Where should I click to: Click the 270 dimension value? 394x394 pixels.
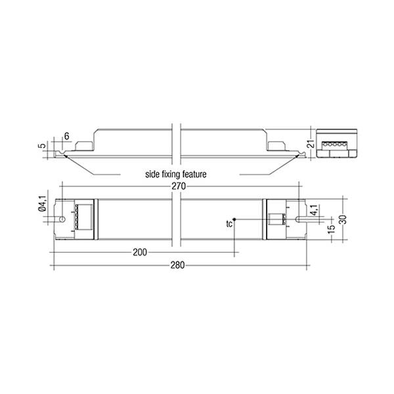click(179, 186)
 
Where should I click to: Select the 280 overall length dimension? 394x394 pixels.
click(178, 265)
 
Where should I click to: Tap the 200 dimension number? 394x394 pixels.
click(140, 252)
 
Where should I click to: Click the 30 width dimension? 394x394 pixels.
click(344, 219)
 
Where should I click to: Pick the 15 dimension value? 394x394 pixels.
click(332, 229)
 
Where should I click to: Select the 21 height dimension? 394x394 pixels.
click(311, 144)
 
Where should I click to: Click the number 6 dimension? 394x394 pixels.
click(66, 136)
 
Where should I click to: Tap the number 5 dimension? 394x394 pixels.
click(43, 146)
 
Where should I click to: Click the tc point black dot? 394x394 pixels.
click(234, 219)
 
